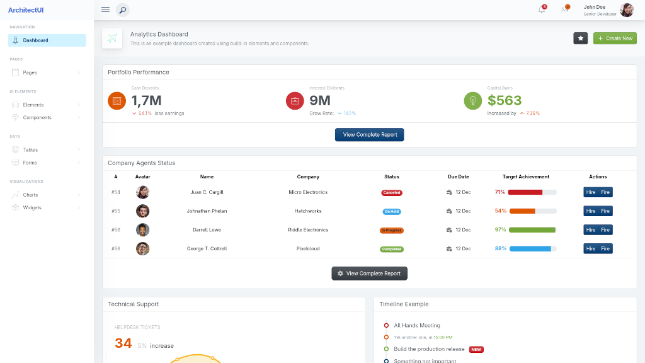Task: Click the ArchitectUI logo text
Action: [26, 10]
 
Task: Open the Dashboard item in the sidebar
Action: [35, 40]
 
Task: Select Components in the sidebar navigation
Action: [37, 118]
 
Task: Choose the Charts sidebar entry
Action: [30, 195]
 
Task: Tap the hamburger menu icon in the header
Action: [105, 9]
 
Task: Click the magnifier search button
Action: [122, 10]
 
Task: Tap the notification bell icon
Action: [541, 9]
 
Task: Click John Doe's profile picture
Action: [627, 10]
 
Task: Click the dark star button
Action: [580, 38]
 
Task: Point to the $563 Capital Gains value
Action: [505, 101]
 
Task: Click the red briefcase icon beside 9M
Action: [295, 101]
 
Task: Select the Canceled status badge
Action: [391, 193]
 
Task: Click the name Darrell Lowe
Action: [207, 230]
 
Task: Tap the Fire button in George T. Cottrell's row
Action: [605, 249]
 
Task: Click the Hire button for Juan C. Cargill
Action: [591, 192]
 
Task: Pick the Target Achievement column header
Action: [525, 177]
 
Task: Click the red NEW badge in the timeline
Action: [476, 349]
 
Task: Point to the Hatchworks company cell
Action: [308, 211]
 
